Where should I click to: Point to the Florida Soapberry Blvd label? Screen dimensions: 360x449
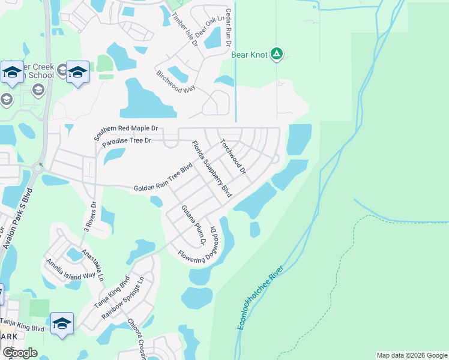pos(211,169)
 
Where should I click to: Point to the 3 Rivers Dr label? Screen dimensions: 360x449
pos(89,219)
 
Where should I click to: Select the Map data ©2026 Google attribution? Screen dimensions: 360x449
pos(411,355)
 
